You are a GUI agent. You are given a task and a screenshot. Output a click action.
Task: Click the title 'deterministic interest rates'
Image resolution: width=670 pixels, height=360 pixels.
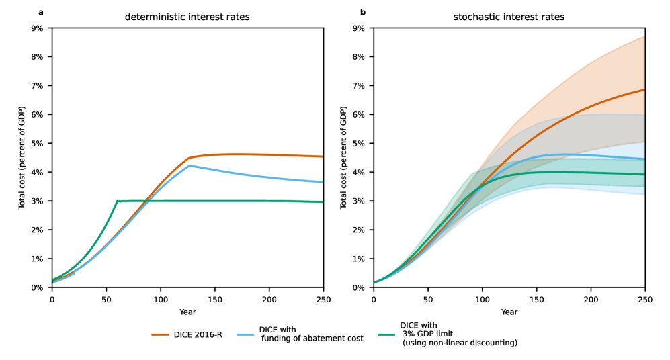tap(187, 17)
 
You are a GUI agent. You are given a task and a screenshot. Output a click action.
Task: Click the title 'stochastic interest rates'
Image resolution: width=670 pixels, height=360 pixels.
tap(509, 17)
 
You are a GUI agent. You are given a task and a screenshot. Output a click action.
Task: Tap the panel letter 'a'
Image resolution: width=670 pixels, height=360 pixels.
tap(41, 12)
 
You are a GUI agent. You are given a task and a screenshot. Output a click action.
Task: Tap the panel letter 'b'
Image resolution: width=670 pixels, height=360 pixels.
tap(363, 12)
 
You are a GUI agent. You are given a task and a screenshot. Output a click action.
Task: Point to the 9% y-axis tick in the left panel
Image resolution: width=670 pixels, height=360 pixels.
tap(37, 28)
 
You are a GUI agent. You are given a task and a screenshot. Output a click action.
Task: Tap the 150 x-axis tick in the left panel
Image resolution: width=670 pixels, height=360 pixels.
tap(214, 298)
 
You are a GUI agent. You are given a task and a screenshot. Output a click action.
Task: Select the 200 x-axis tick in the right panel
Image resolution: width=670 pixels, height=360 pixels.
tap(591, 298)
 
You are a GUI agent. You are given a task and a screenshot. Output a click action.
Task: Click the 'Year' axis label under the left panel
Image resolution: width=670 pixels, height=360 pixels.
tap(187, 312)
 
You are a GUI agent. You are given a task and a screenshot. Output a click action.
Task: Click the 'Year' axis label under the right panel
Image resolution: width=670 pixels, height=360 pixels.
tap(509, 312)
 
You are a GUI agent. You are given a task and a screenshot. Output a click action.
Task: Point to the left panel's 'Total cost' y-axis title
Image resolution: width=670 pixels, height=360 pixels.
tap(22, 157)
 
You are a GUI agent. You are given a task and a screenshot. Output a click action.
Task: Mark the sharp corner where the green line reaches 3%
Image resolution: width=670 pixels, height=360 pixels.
tap(117, 201)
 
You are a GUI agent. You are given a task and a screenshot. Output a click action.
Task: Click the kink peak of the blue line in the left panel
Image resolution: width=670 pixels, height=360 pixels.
tap(190, 165)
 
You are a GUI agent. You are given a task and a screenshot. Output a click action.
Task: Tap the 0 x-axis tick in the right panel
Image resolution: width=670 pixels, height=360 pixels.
tap(374, 298)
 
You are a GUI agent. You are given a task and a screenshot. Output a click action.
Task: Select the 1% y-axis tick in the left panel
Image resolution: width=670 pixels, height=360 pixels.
tap(37, 259)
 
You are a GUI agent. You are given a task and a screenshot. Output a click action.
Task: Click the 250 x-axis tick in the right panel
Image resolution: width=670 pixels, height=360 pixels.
tap(644, 298)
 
